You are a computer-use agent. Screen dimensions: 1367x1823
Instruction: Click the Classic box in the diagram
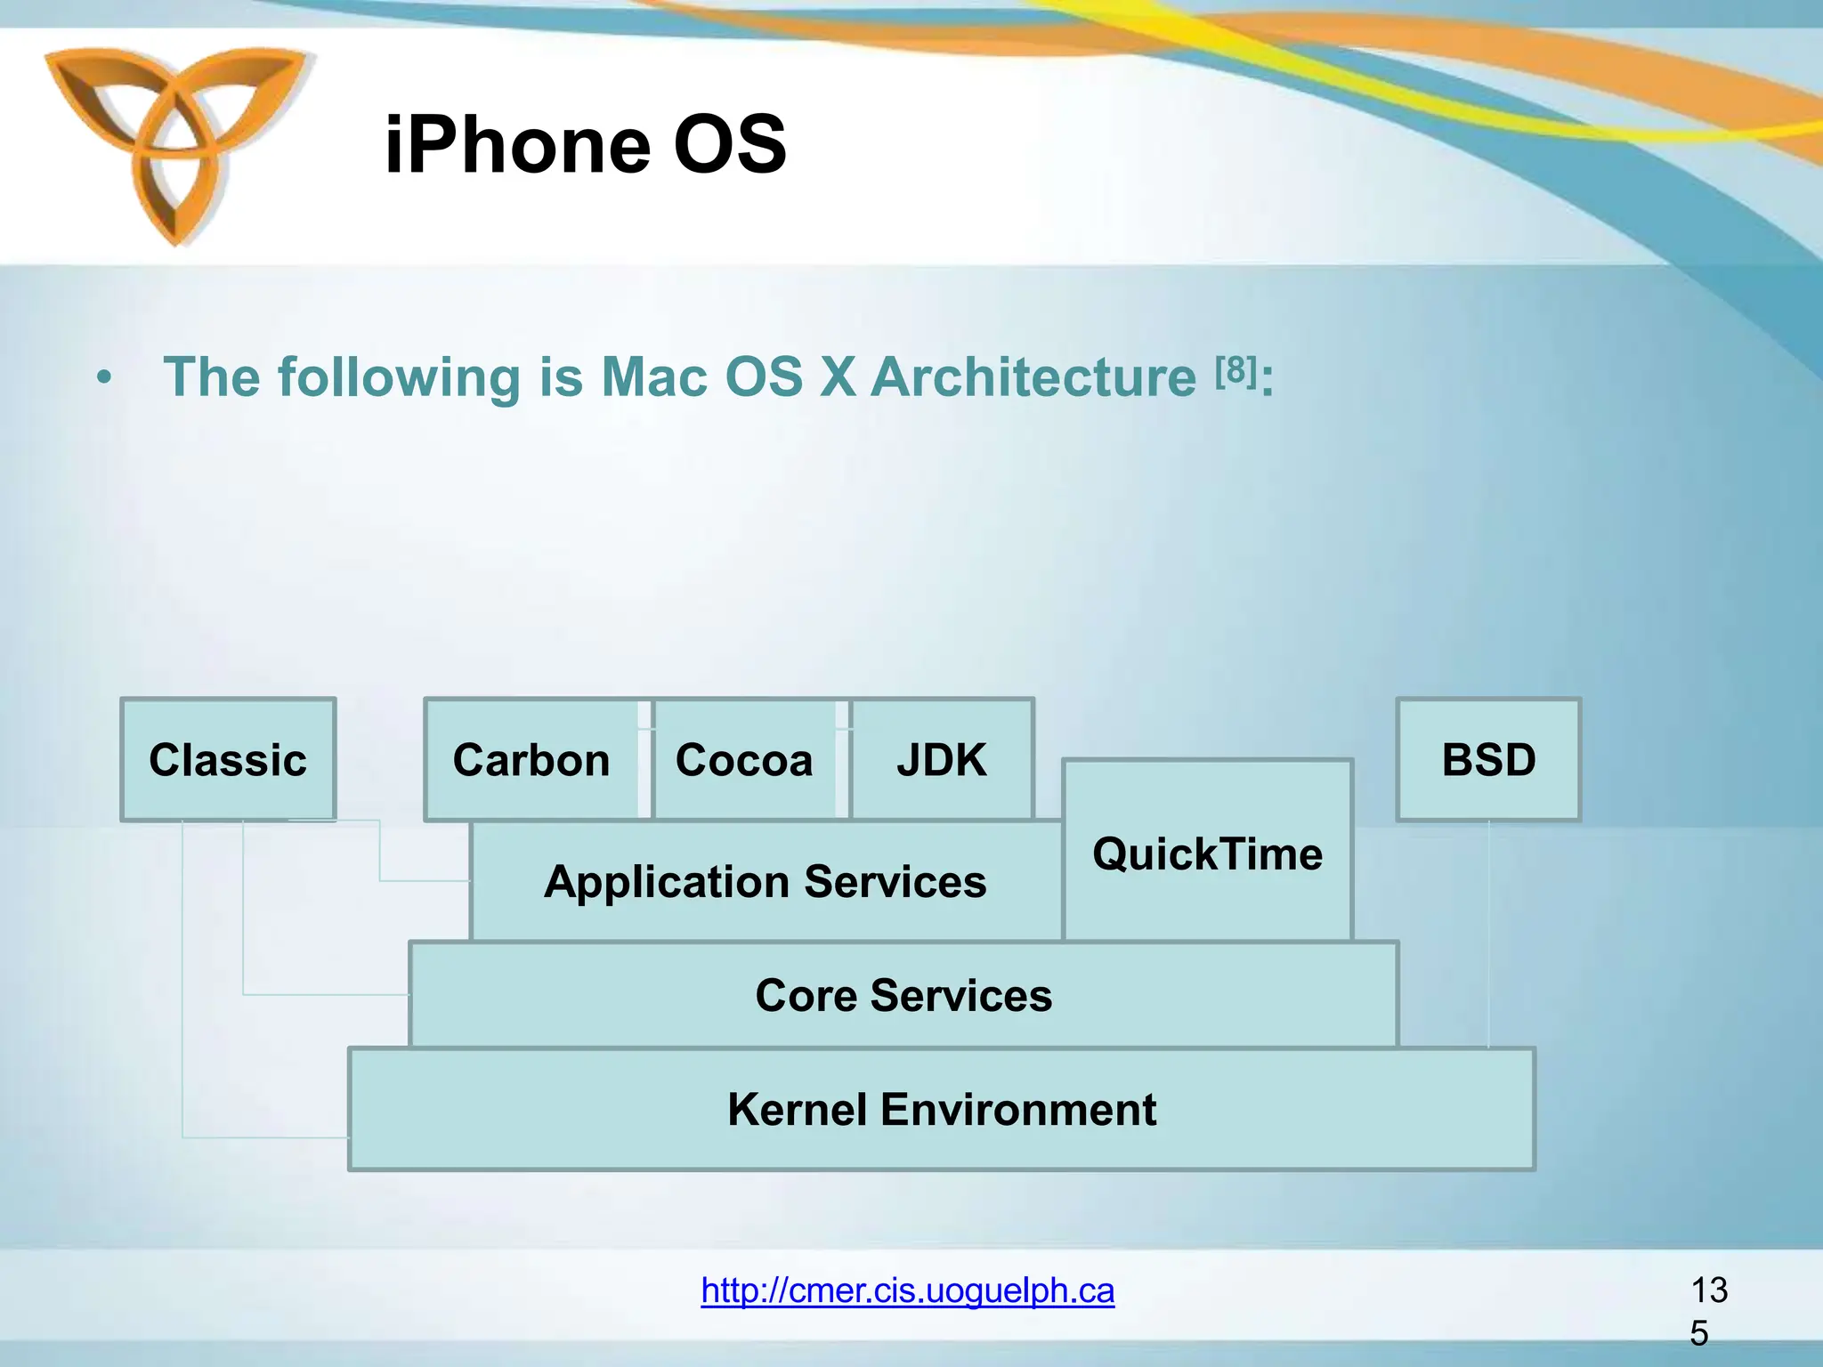tap(228, 759)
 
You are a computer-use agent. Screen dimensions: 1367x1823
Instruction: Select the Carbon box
tap(531, 759)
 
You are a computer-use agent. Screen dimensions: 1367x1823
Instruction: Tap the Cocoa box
tap(744, 759)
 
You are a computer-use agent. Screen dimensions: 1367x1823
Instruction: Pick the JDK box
tap(942, 759)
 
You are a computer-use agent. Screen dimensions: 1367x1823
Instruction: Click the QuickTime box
tap(1207, 853)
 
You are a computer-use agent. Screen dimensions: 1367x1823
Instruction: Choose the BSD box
tap(1488, 759)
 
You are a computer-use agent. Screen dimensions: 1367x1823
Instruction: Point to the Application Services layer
tap(766, 881)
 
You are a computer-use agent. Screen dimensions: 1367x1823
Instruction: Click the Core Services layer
tap(903, 994)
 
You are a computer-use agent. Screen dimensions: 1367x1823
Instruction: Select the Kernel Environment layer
tap(942, 1109)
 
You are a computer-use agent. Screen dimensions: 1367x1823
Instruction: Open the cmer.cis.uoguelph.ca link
tap(907, 1290)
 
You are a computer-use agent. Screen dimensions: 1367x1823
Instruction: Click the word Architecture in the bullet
tap(1033, 377)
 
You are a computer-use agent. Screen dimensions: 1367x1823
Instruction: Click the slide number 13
tap(1708, 1290)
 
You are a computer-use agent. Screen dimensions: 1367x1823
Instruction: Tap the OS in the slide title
tap(730, 144)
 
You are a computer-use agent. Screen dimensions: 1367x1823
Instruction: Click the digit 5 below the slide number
tap(1698, 1333)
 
